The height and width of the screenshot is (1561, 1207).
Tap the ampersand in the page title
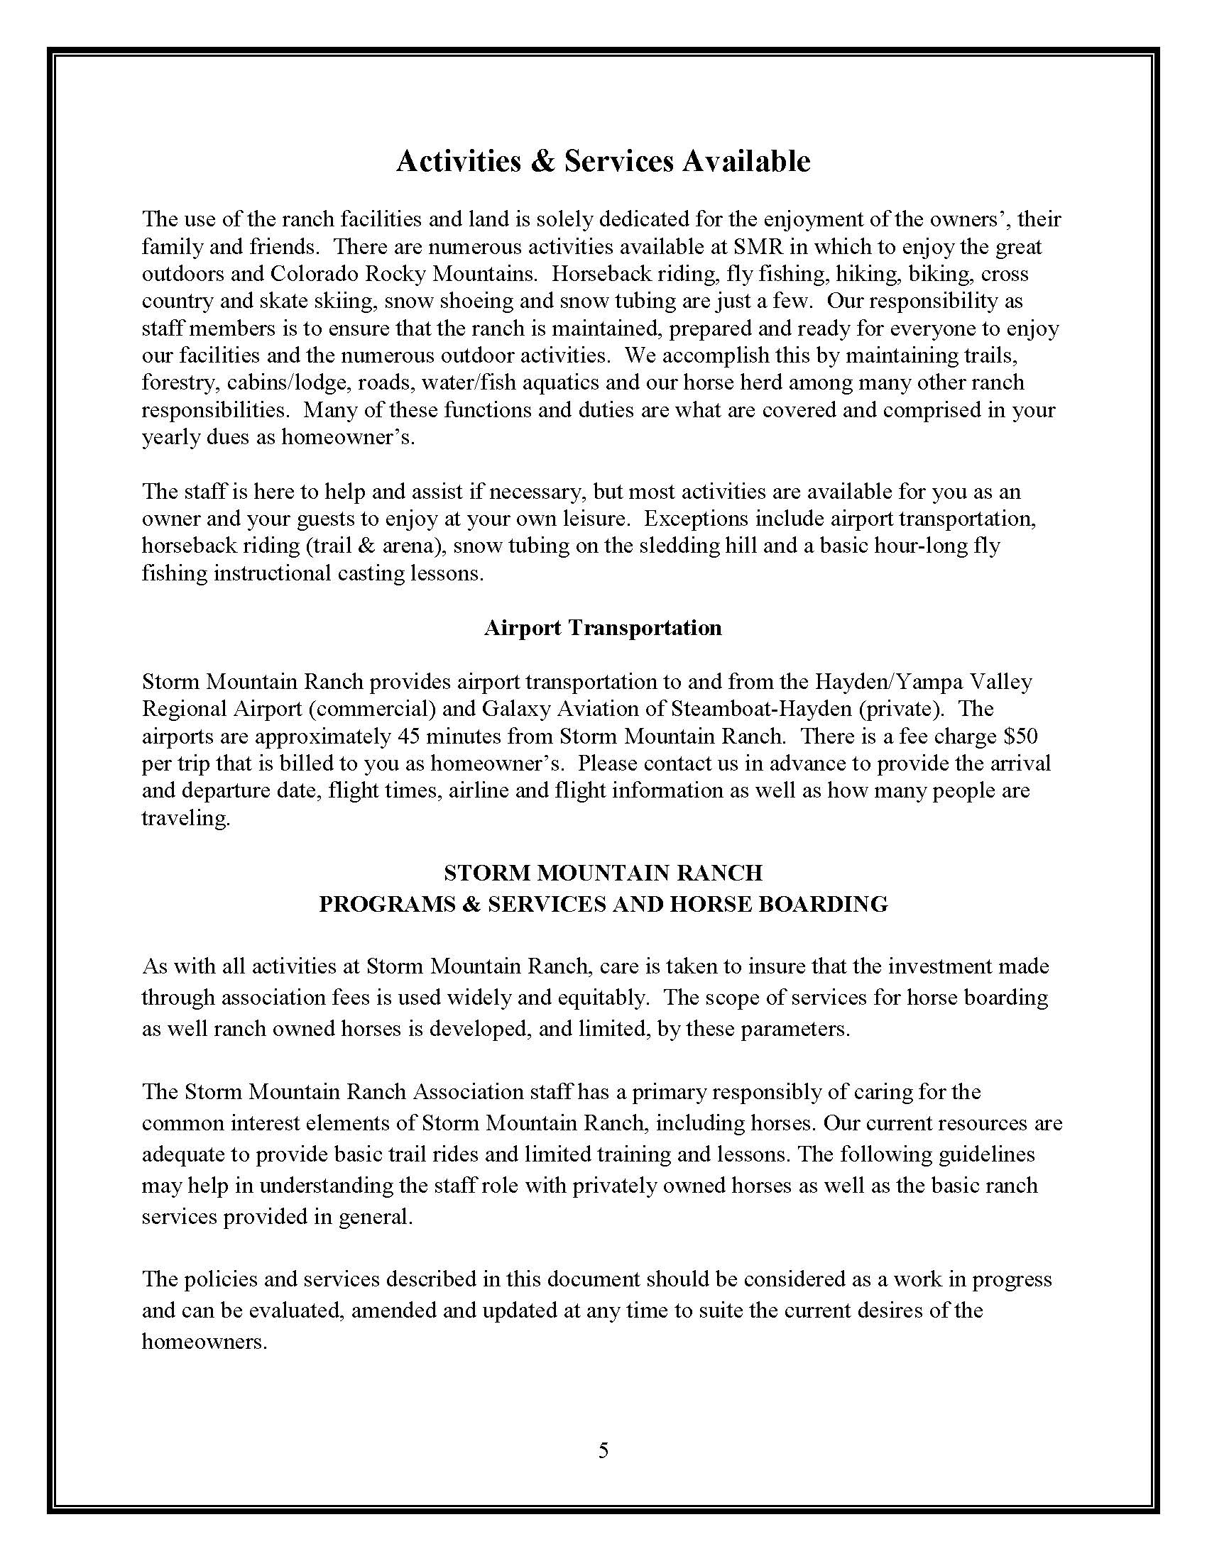coord(543,162)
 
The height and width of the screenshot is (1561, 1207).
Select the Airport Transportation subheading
coord(603,627)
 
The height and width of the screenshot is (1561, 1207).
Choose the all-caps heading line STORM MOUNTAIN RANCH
coord(603,873)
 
